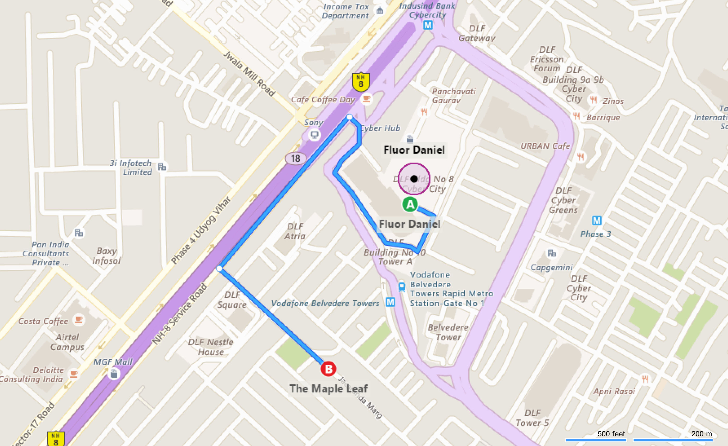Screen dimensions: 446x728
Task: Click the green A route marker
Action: [x=410, y=204]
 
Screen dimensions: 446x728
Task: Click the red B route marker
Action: [x=328, y=369]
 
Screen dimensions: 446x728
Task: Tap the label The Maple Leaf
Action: [x=329, y=388]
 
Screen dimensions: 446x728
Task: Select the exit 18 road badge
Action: [x=295, y=158]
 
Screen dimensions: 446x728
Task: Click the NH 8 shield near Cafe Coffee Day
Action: [x=361, y=82]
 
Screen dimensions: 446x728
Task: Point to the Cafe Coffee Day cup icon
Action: [x=366, y=99]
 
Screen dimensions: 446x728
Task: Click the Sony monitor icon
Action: [x=314, y=135]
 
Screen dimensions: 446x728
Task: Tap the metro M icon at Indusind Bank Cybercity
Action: [x=428, y=25]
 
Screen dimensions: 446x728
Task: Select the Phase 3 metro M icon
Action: [x=597, y=220]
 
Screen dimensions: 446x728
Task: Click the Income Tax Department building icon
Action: [x=380, y=11]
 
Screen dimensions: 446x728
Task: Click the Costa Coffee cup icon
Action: [x=78, y=320]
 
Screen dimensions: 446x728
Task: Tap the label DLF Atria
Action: [x=295, y=231]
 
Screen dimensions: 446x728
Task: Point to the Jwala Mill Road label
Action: [x=249, y=73]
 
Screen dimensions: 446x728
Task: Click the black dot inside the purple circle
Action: [x=414, y=178]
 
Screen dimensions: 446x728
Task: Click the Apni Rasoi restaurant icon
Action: [x=645, y=379]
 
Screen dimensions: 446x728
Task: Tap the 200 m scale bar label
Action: [x=701, y=433]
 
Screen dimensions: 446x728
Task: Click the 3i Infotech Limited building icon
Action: [x=162, y=167]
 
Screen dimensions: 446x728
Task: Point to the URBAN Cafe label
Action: [x=545, y=146]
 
